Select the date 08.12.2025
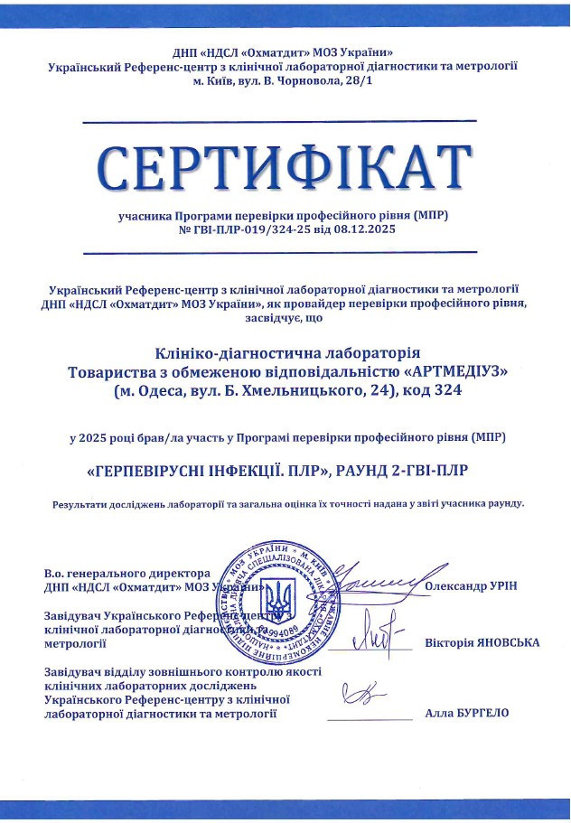coord(367,229)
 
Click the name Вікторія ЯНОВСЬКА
coord(482,643)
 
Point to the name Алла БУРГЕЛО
coord(467,713)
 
